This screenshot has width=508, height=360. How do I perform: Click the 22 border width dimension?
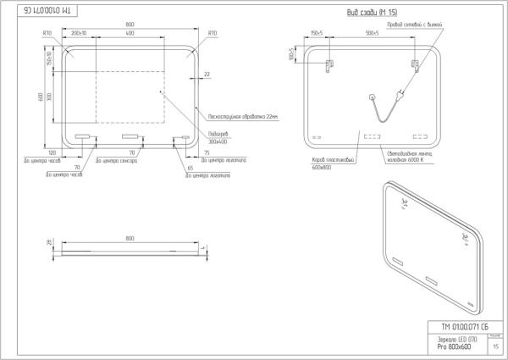(207, 75)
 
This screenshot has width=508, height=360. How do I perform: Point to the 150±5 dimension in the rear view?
(318, 32)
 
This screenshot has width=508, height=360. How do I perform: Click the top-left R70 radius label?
(47, 33)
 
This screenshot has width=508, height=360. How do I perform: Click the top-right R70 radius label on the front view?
(213, 33)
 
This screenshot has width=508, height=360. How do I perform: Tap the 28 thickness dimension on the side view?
(50, 243)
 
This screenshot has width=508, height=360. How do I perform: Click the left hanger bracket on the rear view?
(329, 64)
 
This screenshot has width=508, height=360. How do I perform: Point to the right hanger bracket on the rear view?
(414, 64)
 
